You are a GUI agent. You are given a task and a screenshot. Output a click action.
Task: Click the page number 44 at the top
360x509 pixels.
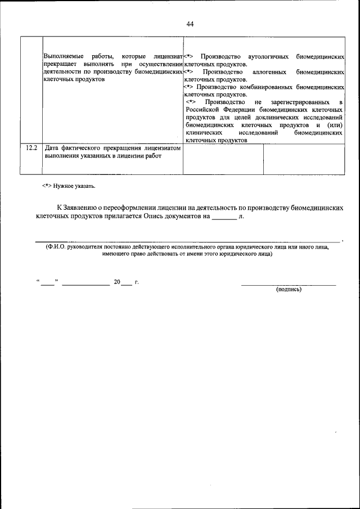point(190,24)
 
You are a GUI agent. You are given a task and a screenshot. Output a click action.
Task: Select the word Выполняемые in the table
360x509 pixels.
point(62,57)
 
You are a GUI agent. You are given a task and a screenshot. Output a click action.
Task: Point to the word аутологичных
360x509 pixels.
point(268,57)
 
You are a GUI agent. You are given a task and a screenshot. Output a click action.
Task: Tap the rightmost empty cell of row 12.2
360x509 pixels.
point(304,160)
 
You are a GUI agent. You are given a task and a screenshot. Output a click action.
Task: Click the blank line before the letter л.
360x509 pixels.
point(224,216)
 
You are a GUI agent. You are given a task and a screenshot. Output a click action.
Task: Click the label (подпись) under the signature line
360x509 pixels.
point(288,289)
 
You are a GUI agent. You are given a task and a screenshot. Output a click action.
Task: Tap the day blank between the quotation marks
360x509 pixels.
point(47,282)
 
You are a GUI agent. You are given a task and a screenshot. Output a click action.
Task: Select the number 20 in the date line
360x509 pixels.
point(117,282)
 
